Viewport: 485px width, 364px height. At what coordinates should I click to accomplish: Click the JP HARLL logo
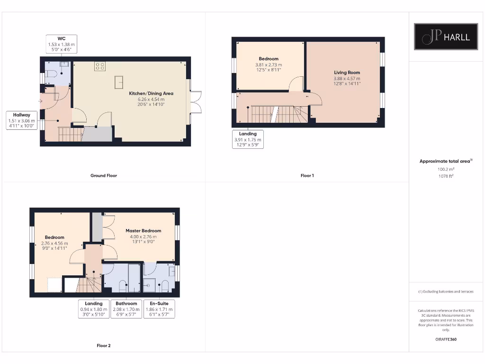point(446,36)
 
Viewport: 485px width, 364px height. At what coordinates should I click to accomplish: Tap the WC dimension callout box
point(62,44)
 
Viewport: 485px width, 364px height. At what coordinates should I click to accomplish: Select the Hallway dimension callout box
point(22,120)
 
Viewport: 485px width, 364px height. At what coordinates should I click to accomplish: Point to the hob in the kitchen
point(100,66)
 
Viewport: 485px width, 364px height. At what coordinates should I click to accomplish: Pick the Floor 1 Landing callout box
point(248,139)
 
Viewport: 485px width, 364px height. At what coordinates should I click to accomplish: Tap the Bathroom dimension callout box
point(126,309)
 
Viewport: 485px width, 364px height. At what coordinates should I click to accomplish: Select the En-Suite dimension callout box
point(159,309)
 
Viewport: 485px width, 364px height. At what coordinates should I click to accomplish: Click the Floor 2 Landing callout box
point(94,309)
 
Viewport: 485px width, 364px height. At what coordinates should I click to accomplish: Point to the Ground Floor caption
point(104,175)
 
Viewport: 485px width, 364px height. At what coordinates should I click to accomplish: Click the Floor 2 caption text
point(104,346)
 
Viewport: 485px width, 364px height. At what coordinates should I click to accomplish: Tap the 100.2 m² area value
point(445,169)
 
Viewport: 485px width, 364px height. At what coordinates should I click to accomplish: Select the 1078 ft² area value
point(445,176)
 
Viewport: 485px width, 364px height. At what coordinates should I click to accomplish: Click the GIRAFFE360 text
point(445,339)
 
